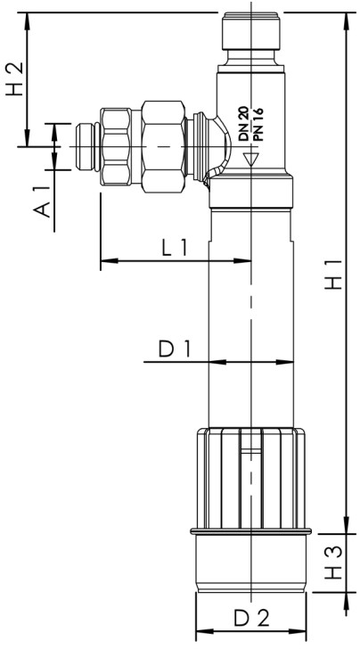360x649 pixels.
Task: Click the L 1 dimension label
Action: [175, 249]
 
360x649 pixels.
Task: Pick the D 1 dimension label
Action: [176, 349]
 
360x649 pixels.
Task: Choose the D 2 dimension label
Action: [251, 617]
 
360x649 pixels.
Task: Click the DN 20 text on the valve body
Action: [242, 123]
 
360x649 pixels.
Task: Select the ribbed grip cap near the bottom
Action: [251, 477]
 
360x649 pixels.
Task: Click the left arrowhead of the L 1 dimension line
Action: [105, 262]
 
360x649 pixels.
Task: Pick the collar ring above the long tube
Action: [251, 192]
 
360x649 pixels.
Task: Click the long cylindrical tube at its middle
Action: [251, 312]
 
